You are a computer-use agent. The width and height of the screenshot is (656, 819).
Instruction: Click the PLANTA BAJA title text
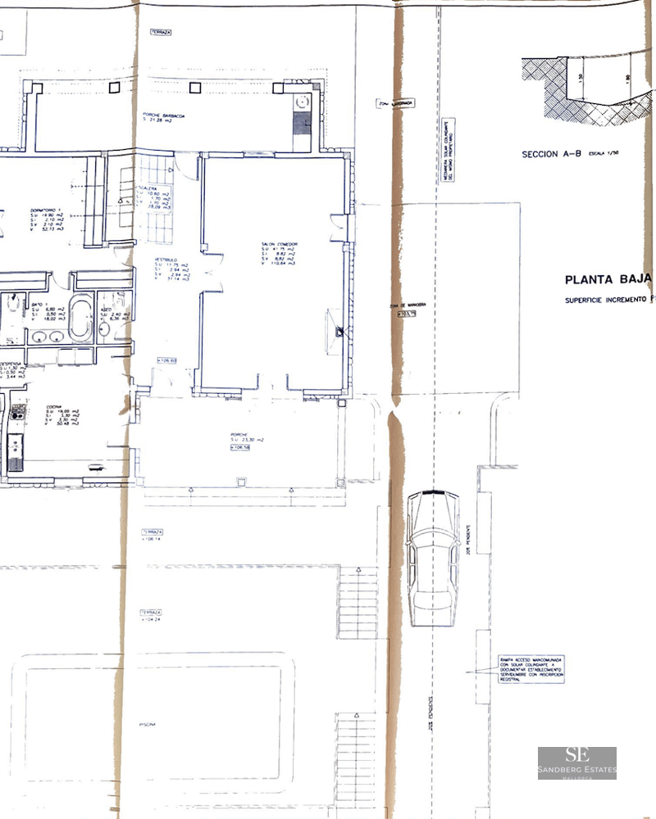(x=608, y=278)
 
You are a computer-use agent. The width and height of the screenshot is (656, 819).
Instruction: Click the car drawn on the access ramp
(x=432, y=557)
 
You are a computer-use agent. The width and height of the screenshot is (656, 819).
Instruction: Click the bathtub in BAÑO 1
(x=81, y=319)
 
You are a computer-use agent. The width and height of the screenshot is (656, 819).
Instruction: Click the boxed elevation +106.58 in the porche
(x=239, y=448)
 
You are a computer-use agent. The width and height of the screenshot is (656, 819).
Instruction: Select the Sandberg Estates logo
(x=576, y=762)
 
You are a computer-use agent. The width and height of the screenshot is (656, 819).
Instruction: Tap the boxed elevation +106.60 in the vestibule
(x=166, y=360)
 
